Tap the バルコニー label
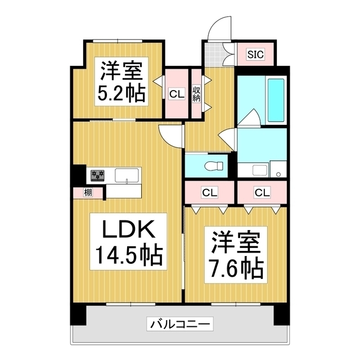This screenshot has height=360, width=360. point(180,324)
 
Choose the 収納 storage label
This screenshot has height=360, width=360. point(197,93)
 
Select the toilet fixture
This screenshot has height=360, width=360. point(214,165)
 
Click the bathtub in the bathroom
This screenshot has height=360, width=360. point(275,100)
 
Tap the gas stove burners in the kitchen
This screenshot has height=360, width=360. point(97,175)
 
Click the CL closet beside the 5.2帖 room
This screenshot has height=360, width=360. point(177,94)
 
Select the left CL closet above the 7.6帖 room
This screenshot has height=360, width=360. point(209,192)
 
